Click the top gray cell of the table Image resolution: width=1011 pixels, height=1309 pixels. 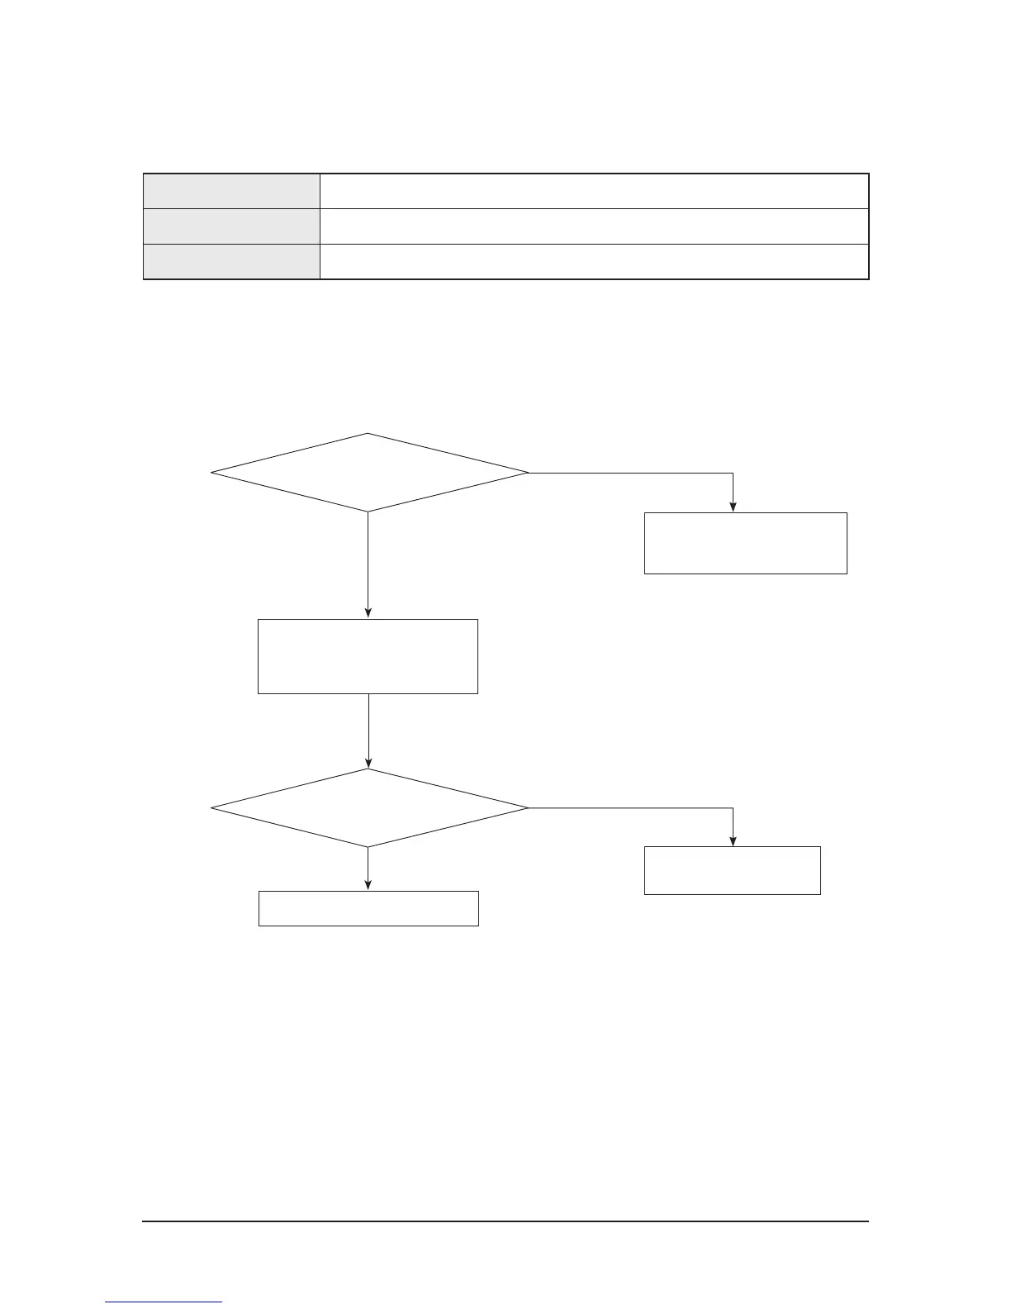pos(231,191)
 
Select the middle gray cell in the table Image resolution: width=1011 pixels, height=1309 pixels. pos(231,226)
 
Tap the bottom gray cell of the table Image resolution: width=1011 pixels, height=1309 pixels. pos(231,262)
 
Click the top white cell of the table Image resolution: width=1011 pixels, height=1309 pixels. pos(594,191)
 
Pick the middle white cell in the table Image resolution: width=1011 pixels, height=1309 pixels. pos(594,226)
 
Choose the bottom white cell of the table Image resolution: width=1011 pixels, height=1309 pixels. pos(594,262)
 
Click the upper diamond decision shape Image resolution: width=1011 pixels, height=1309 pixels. pos(368,473)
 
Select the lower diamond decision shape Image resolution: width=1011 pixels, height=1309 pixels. pos(368,807)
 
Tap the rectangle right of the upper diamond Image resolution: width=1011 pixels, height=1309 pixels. pos(745,543)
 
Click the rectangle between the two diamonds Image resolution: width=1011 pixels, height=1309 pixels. pos(368,656)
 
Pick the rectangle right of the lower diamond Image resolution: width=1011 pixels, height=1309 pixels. pos(732,870)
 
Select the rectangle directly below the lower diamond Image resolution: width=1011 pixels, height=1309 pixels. pos(368,908)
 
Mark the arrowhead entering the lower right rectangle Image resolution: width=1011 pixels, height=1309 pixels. pos(733,841)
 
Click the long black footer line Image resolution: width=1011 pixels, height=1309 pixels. pos(505,1221)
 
